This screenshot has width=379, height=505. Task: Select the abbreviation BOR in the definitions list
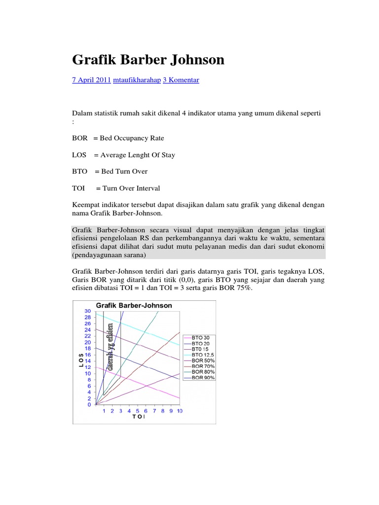[x=80, y=138]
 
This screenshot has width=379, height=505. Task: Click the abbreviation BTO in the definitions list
[x=79, y=171]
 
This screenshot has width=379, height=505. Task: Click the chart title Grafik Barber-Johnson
[x=134, y=305]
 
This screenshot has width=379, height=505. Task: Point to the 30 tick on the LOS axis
[x=87, y=311]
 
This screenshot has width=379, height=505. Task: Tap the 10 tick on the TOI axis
[x=179, y=411]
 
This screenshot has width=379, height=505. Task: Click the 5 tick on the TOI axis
[x=138, y=411]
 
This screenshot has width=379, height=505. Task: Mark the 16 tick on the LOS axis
[x=87, y=355]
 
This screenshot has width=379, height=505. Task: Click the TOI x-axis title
[x=139, y=417]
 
